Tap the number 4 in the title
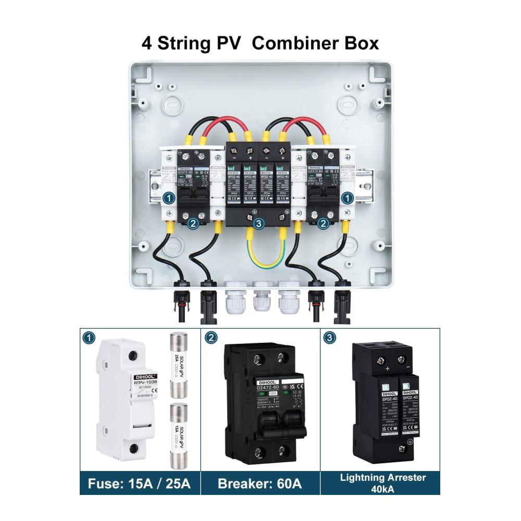click(x=147, y=43)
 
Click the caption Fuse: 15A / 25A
click(x=140, y=484)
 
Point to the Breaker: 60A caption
click(x=260, y=484)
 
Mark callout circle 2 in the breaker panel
click(x=211, y=338)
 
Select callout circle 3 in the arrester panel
click(x=329, y=338)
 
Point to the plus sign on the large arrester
click(x=387, y=369)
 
